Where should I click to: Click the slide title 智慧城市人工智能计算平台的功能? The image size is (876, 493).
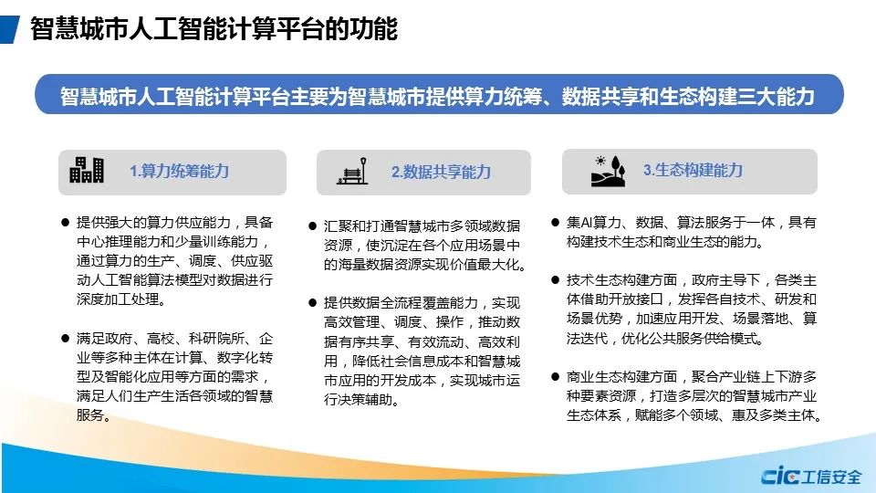tap(214, 29)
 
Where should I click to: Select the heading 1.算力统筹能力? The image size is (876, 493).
tap(180, 171)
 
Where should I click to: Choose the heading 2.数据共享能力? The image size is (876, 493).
tap(441, 172)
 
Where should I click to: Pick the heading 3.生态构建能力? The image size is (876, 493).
tap(693, 170)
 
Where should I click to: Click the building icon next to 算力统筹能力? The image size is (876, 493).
tap(87, 170)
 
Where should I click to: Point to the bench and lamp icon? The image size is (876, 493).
tap(352, 171)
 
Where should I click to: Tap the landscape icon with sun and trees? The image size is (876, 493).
tap(608, 171)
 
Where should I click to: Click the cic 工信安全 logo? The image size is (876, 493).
tap(810, 477)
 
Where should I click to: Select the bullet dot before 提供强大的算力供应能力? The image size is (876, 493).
tap(66, 223)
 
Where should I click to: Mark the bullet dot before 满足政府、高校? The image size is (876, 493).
tap(66, 338)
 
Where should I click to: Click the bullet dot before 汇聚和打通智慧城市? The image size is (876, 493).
tap(312, 226)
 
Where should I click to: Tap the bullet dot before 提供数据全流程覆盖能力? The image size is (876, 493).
tap(312, 303)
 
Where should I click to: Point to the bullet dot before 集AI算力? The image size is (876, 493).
tap(555, 223)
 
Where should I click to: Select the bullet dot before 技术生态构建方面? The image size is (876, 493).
tap(555, 280)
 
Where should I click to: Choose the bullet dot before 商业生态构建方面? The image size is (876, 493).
tap(555, 377)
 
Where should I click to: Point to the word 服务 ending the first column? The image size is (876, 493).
tap(90, 415)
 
